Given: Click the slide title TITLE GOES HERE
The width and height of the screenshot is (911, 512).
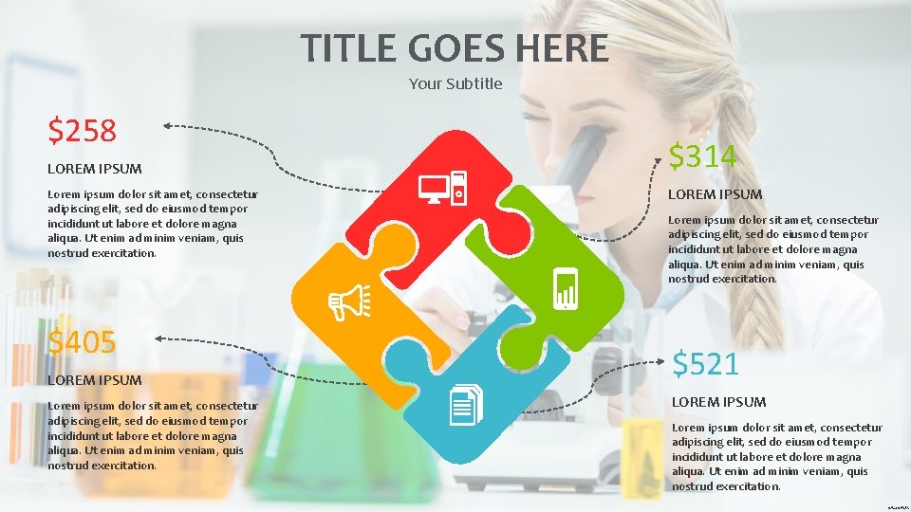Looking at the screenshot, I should [455, 46].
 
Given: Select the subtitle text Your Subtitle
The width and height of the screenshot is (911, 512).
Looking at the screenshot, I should [455, 83].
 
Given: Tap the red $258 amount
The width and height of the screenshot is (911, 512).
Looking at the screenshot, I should [83, 131].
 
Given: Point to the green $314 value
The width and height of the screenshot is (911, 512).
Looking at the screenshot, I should [703, 155].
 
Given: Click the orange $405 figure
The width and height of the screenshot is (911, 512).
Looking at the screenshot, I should [83, 341].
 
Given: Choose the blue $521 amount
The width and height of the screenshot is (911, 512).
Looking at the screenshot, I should [706, 362].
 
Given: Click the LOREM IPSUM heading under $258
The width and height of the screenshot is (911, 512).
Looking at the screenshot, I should [95, 169].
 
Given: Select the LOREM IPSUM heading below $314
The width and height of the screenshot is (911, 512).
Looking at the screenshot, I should [716, 194].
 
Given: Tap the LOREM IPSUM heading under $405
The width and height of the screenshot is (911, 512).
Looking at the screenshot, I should [95, 379].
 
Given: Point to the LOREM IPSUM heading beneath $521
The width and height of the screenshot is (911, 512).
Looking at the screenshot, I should [719, 402].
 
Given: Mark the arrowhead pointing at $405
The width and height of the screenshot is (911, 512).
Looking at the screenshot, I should [157, 338].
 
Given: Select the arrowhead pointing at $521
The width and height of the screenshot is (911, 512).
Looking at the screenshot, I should [661, 361].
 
